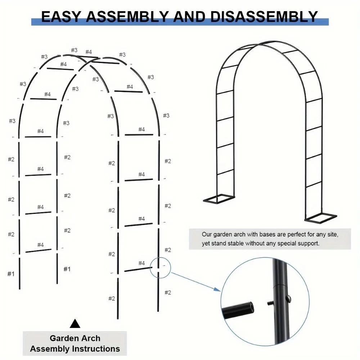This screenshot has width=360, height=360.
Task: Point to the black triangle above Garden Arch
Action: (x=75, y=324)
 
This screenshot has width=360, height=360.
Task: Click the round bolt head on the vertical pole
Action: (x=288, y=298)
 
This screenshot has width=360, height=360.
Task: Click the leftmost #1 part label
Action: (x=11, y=274)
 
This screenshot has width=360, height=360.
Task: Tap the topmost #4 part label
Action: (x=89, y=52)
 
